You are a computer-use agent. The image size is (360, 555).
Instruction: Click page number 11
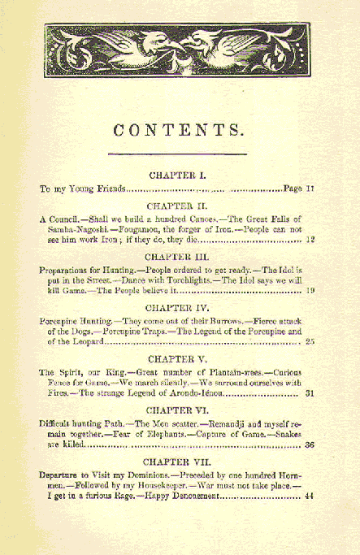309,189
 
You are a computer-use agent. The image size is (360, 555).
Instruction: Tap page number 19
310,291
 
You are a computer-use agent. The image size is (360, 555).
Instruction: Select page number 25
309,342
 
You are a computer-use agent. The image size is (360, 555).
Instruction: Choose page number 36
309,445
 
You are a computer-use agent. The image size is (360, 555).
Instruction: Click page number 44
309,496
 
